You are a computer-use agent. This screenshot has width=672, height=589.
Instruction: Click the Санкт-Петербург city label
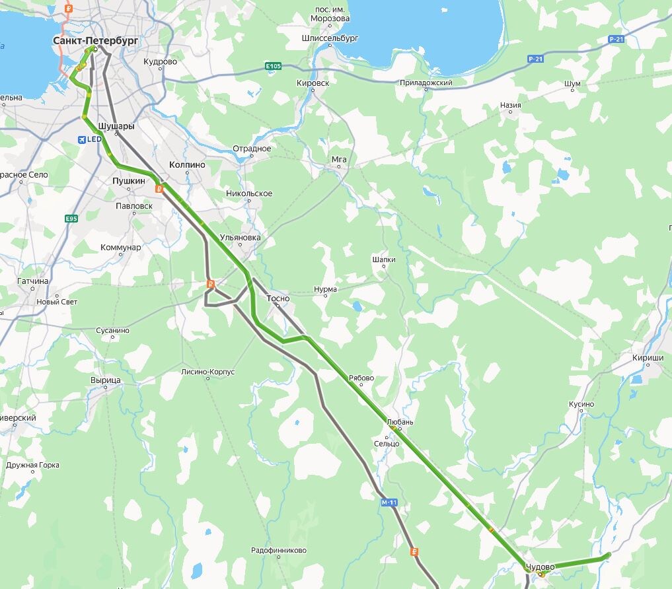click(x=96, y=41)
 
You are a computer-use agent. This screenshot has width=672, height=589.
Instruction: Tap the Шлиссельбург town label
click(x=330, y=38)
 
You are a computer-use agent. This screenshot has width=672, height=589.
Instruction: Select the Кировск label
click(x=313, y=83)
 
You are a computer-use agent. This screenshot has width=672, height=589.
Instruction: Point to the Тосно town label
click(x=278, y=298)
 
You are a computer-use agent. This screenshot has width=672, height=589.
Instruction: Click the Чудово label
click(x=540, y=567)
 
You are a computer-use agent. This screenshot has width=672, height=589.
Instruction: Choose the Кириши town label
click(x=648, y=358)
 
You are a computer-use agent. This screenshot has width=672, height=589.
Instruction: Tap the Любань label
click(x=400, y=422)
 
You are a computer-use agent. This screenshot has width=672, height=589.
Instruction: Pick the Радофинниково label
click(x=278, y=550)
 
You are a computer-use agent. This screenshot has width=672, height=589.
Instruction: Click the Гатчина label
click(x=33, y=281)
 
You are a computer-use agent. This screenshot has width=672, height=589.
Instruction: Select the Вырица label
click(x=106, y=381)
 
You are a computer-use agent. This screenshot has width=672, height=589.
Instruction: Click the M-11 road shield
click(x=390, y=502)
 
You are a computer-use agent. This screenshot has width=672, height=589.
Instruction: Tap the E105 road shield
click(x=273, y=66)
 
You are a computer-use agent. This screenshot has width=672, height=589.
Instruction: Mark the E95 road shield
click(x=71, y=219)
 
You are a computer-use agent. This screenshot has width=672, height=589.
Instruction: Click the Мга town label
click(x=339, y=159)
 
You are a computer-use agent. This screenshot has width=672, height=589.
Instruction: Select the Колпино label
click(x=187, y=164)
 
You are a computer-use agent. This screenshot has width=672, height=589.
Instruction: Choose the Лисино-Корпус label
click(x=207, y=372)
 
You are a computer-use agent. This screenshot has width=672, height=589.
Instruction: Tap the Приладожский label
click(x=426, y=83)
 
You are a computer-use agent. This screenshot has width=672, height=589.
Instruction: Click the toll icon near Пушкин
click(x=159, y=189)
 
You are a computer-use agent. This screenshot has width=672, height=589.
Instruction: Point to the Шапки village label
click(x=384, y=260)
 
